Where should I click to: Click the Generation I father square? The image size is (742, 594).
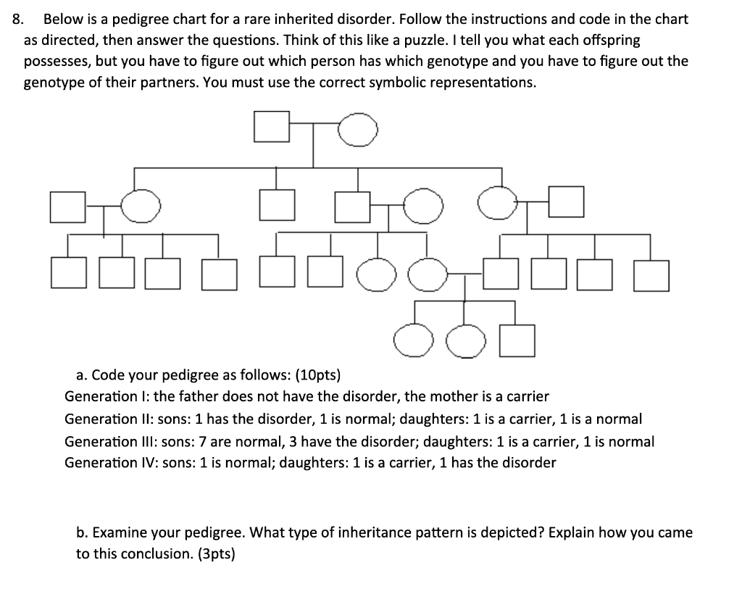tap(272, 129)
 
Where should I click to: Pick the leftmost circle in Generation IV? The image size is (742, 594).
tap(413, 341)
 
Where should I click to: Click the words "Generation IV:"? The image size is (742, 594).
tap(107, 462)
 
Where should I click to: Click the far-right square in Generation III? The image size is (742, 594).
tap(651, 275)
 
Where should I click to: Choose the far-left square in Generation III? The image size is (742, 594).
tap(69, 275)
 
